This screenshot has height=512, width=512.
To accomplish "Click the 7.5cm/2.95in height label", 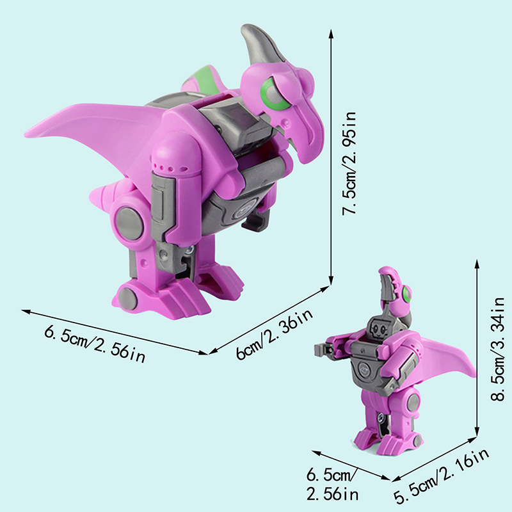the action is click(349, 163).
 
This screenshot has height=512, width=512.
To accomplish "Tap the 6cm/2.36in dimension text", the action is click(274, 333).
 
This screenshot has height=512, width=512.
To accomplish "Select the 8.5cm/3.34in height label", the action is click(498, 349).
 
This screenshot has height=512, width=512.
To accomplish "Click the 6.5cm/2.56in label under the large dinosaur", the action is click(95, 344).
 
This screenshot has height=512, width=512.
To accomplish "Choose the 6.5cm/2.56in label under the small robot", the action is click(332, 484).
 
